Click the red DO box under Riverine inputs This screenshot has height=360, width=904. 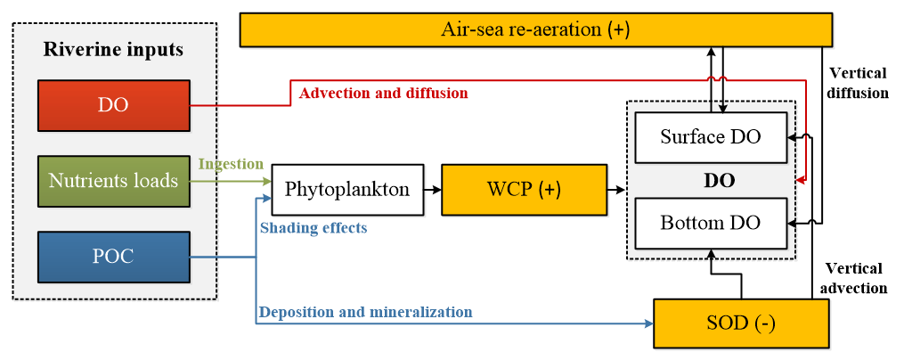click(x=114, y=105)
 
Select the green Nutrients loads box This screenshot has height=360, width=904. click(x=114, y=181)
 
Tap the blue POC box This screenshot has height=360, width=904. click(x=114, y=257)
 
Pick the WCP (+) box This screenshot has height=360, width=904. click(x=517, y=189)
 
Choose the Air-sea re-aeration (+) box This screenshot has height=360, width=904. click(x=534, y=29)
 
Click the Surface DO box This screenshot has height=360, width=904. click(x=710, y=137)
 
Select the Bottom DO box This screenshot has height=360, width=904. click(x=710, y=223)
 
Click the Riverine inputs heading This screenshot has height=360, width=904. click(x=114, y=49)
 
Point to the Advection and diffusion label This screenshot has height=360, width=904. click(x=383, y=93)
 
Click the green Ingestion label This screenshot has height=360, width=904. click(x=231, y=164)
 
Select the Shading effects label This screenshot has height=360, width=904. click(x=314, y=228)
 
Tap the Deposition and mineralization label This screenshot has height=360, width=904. click(x=365, y=312)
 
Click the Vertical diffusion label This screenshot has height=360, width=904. click(x=858, y=82)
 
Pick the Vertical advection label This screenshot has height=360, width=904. click(x=856, y=278)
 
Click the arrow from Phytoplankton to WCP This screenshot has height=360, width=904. click(x=431, y=190)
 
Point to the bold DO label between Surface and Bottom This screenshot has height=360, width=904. click(x=719, y=181)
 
